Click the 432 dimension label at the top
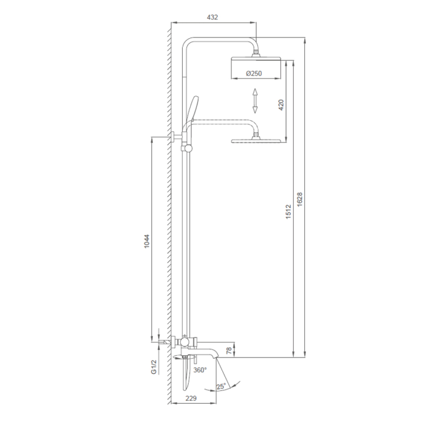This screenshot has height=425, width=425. coord(212,18)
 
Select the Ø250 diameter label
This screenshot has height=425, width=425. coord(254,73)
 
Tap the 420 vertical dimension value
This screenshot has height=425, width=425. coord(280,104)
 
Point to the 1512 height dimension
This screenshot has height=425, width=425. coord(288,211)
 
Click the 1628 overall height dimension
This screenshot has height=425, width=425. coord(300,199)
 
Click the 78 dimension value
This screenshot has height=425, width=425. coord(229,350)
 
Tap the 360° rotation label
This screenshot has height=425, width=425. coord(200,369)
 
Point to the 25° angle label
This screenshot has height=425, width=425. coord(221,386)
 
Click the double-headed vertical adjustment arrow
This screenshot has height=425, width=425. coord(256,100)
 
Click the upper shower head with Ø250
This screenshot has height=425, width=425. coord(255,68)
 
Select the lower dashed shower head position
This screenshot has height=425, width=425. coord(256,141)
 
